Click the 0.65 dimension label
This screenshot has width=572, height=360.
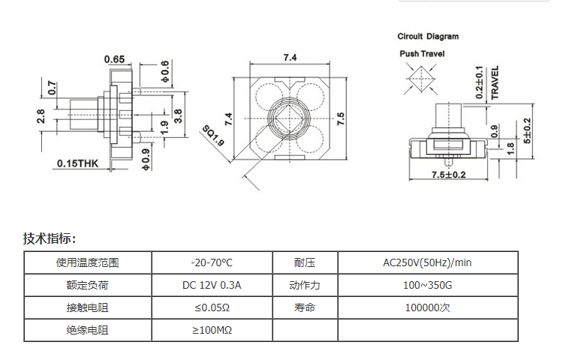pos(114,59)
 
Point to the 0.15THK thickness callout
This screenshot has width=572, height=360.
pos(78,163)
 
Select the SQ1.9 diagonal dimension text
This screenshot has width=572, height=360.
pos(213,135)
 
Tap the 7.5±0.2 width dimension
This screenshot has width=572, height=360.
pos(449,175)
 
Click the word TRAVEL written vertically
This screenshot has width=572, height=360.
pos(495,82)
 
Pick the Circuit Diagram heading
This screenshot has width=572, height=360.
pos(428,37)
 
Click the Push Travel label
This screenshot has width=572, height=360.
pos(422,54)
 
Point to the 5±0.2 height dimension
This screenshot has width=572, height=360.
pos(528,130)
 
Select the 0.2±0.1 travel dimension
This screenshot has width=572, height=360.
pos(480,82)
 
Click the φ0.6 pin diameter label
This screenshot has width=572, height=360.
pos(165,71)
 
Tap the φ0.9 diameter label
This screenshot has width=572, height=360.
pos(146,160)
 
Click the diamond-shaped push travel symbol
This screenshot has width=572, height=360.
pos(421,79)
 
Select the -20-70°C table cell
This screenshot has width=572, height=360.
pos(212,262)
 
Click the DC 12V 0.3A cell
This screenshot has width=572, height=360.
pos(212,285)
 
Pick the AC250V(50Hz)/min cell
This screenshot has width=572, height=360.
pos(427,262)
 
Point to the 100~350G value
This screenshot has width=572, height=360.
pos(428,285)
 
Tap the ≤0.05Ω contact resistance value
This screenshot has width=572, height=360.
pos(212,308)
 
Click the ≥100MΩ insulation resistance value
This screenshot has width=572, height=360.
pos(212,331)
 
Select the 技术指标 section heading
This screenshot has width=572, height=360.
pos(50,238)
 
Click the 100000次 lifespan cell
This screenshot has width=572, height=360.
pos(428,308)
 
